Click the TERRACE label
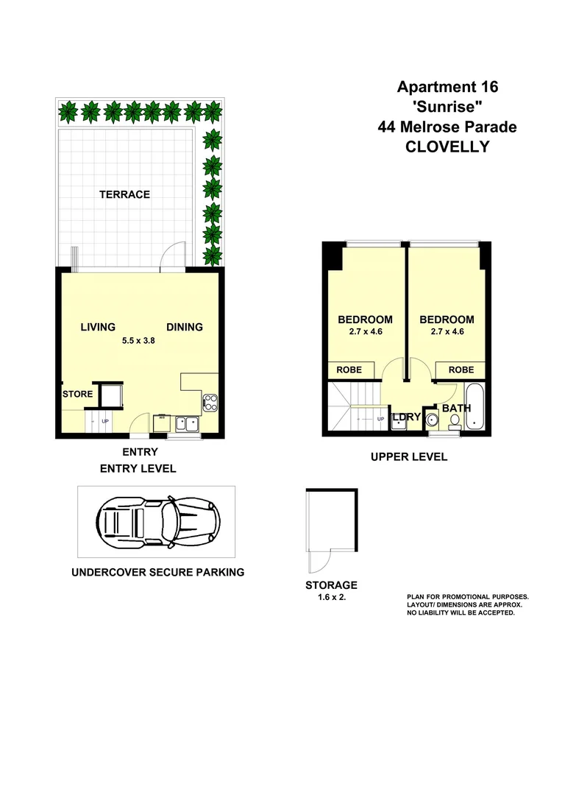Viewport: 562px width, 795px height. pos(125,194)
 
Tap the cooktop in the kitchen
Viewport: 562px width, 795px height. pos(210,402)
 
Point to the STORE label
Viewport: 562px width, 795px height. pos(77,394)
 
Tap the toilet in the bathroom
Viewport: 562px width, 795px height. pos(455,423)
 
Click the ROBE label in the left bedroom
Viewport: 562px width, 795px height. pos(349,370)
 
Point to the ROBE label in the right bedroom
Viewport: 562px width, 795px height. pos(461,370)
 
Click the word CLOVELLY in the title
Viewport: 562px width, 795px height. pos(447,146)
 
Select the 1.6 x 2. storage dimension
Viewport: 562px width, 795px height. pos(331,598)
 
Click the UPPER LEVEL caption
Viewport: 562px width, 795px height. pos(408,457)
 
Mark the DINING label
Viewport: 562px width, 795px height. pos(184,327)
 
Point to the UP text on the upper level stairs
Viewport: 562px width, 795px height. pos(380,419)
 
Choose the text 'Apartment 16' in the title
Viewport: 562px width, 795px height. pos(447,88)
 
